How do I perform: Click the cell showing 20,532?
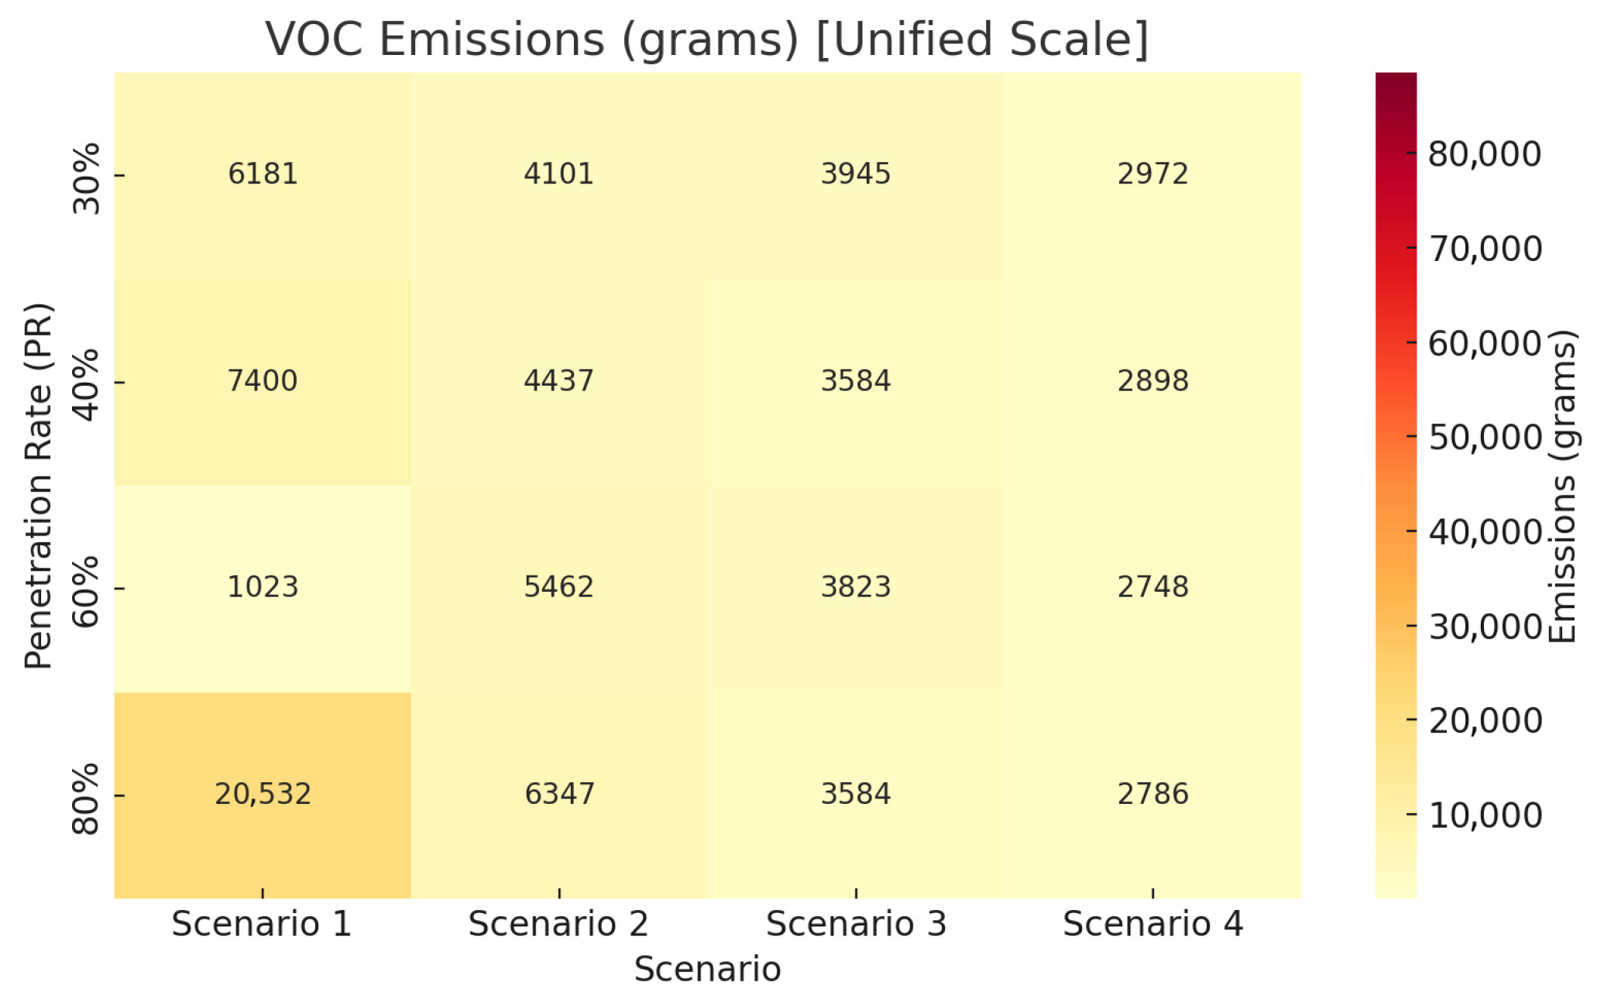click(263, 794)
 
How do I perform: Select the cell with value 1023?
click(263, 587)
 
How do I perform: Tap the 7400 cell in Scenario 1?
click(263, 381)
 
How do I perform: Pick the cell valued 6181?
click(263, 174)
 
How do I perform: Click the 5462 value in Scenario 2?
click(558, 587)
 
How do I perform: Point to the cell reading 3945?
click(855, 174)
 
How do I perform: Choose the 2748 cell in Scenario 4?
click(1152, 587)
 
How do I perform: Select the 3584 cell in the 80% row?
click(855, 794)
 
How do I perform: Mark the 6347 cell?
click(558, 794)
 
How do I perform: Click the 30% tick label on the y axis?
click(87, 177)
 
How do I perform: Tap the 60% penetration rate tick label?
click(87, 590)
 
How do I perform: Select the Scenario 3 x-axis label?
click(856, 924)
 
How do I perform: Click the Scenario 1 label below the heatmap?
click(262, 924)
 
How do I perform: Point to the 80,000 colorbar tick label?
click(1484, 154)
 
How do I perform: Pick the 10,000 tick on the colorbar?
click(1485, 816)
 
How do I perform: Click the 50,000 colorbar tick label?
click(1485, 438)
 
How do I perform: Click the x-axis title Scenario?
click(707, 970)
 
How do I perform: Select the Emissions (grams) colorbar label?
click(1563, 486)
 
